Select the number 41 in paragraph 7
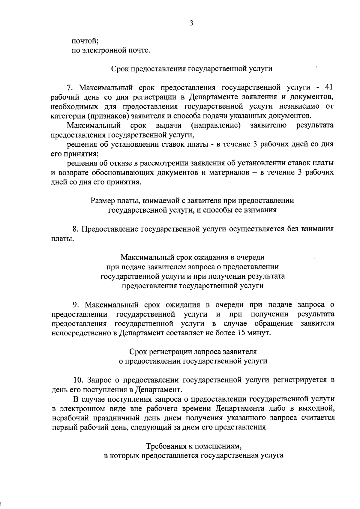tap(328, 87)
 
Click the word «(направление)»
tap(216, 125)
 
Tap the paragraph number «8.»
tap(76, 229)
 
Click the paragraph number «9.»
tap(76, 305)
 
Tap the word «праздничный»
tap(107, 418)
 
